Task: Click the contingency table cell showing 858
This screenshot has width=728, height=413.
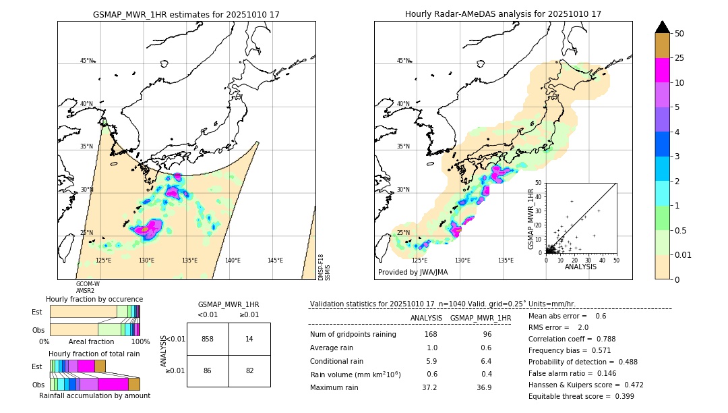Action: point(208,339)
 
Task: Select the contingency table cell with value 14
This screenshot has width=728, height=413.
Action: point(249,339)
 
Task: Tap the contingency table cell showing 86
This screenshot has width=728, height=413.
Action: point(208,371)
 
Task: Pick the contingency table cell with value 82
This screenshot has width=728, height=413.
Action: point(249,371)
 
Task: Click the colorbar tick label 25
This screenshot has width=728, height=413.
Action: point(680,59)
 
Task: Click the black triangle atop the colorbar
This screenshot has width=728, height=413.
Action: point(663,27)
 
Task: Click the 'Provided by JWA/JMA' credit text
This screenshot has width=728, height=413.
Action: point(413,273)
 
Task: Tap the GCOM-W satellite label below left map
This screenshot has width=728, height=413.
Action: point(88,284)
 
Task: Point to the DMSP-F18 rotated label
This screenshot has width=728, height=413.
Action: point(321,267)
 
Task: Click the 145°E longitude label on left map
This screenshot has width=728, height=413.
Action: point(275,260)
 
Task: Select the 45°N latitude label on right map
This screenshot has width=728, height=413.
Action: point(403,61)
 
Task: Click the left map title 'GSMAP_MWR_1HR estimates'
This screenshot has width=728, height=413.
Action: point(186,14)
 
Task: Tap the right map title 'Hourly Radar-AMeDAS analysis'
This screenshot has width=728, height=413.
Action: point(503,14)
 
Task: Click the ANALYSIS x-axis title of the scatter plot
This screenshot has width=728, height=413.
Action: point(580,267)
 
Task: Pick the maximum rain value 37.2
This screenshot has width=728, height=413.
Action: point(429,387)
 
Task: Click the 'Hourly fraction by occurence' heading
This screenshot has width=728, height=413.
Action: point(94,299)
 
